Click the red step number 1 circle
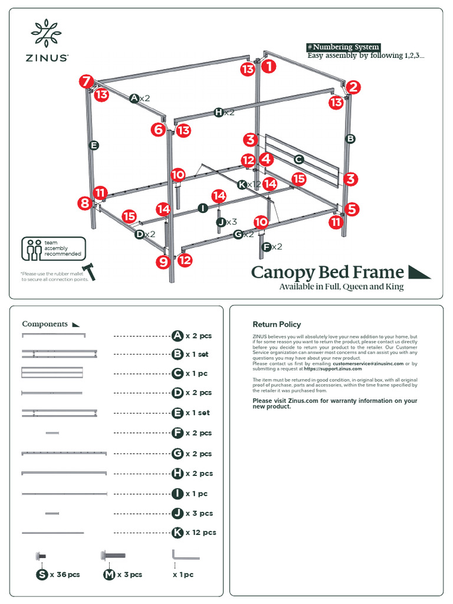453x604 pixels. point(268,67)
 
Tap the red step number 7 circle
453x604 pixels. point(86,81)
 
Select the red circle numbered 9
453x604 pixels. point(163,262)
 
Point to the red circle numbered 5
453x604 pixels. point(352,208)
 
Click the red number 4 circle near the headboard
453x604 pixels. point(266,159)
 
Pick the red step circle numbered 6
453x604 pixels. point(157,129)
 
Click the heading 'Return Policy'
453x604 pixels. point(277,324)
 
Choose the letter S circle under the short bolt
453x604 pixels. point(42,575)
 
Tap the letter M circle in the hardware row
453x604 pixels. point(109,575)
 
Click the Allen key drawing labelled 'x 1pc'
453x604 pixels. point(185,555)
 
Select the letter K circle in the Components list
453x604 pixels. point(177,533)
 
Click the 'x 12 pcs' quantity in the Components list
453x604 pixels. point(201,533)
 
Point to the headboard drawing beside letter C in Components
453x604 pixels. point(52,373)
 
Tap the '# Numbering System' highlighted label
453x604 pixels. point(343,47)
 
